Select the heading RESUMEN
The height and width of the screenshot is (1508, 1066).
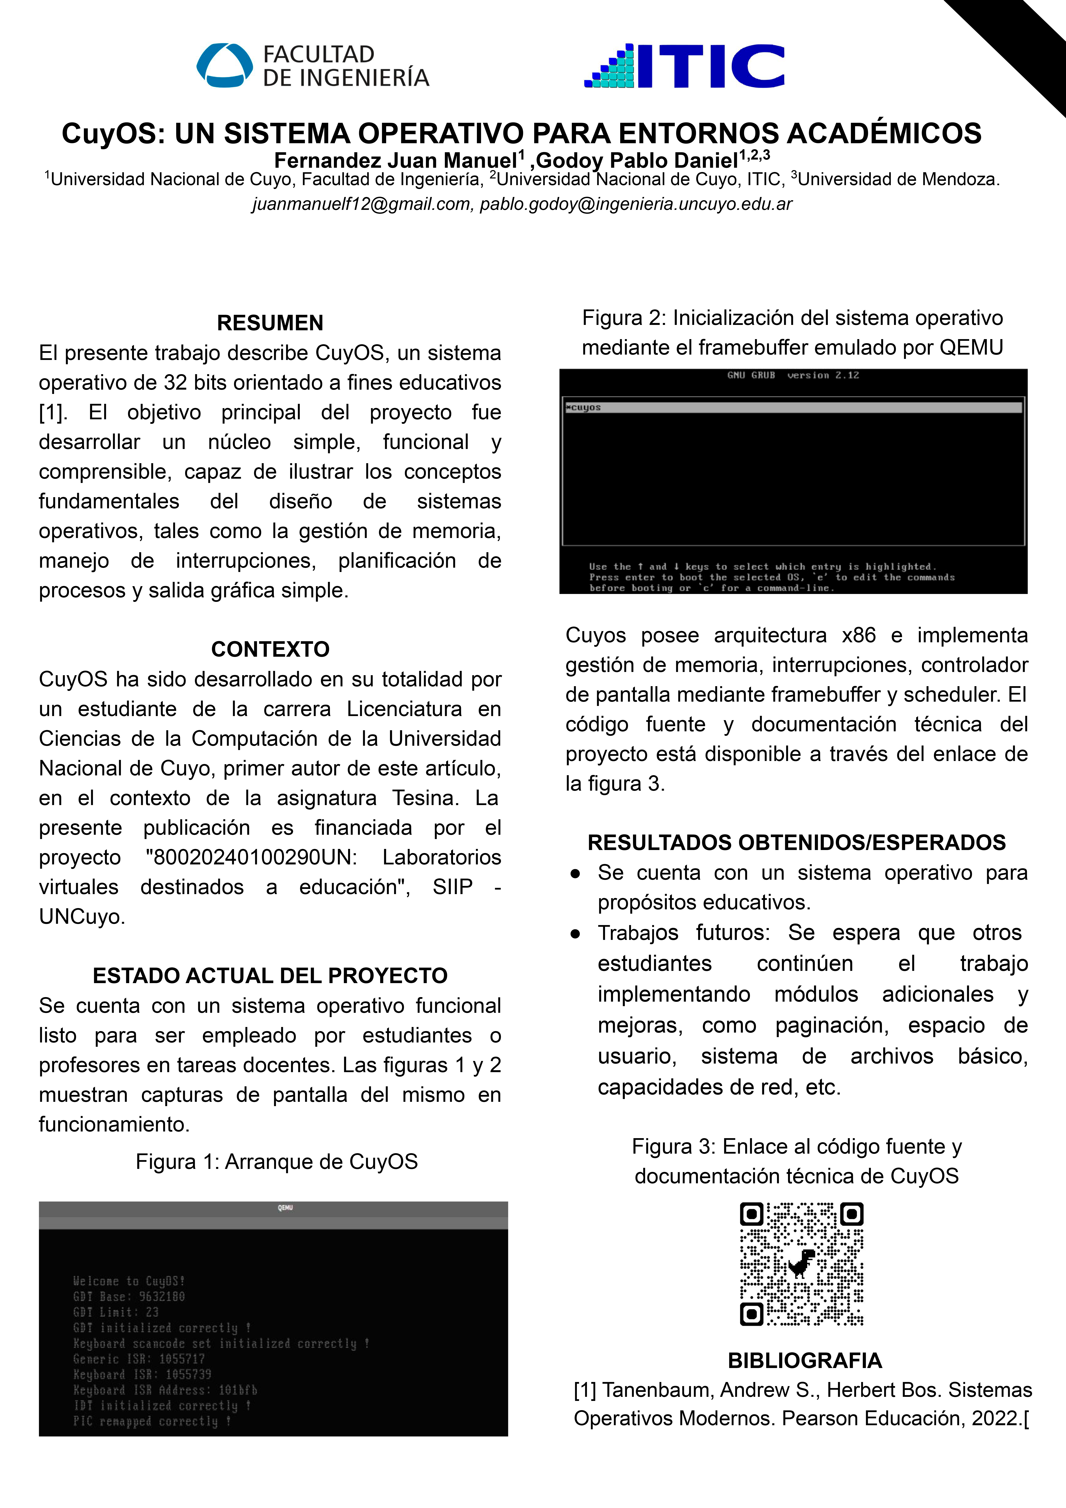pos(270,323)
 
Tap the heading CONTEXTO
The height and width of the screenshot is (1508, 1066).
pos(270,649)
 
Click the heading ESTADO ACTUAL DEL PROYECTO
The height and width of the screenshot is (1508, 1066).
pos(270,975)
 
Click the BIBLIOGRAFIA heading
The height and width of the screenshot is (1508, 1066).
pos(805,1360)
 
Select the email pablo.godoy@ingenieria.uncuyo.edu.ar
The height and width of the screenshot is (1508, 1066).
pos(636,204)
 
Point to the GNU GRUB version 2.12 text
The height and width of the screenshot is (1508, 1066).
pos(793,375)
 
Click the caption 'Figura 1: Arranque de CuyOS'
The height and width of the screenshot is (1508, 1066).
pos(276,1161)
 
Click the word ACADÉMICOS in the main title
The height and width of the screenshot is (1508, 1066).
pos(883,133)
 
